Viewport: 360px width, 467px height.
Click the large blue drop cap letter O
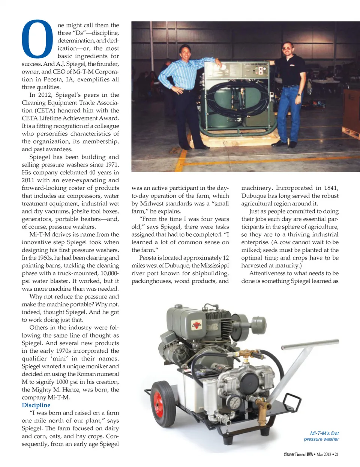point(37,39)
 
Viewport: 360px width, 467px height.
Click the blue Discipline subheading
point(36,405)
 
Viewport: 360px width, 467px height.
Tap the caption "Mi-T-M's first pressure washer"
point(321,436)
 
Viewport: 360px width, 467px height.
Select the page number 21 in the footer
point(336,454)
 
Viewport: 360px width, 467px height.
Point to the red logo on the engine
point(197,325)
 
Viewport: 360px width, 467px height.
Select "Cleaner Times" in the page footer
point(294,454)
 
